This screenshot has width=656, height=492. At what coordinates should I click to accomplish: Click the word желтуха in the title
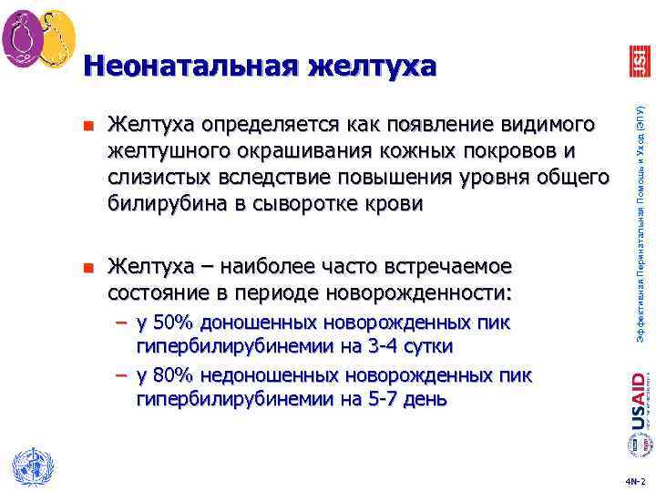coord(372,67)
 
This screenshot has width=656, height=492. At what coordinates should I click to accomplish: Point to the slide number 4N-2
coord(635,480)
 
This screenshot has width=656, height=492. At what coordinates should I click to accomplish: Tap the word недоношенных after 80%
coord(273,375)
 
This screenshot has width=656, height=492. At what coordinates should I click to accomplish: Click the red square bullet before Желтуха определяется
coord(87,124)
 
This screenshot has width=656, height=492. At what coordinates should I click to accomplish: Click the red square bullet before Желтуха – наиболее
coord(87,267)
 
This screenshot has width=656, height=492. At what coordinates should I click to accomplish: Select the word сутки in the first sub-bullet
coord(427,346)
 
